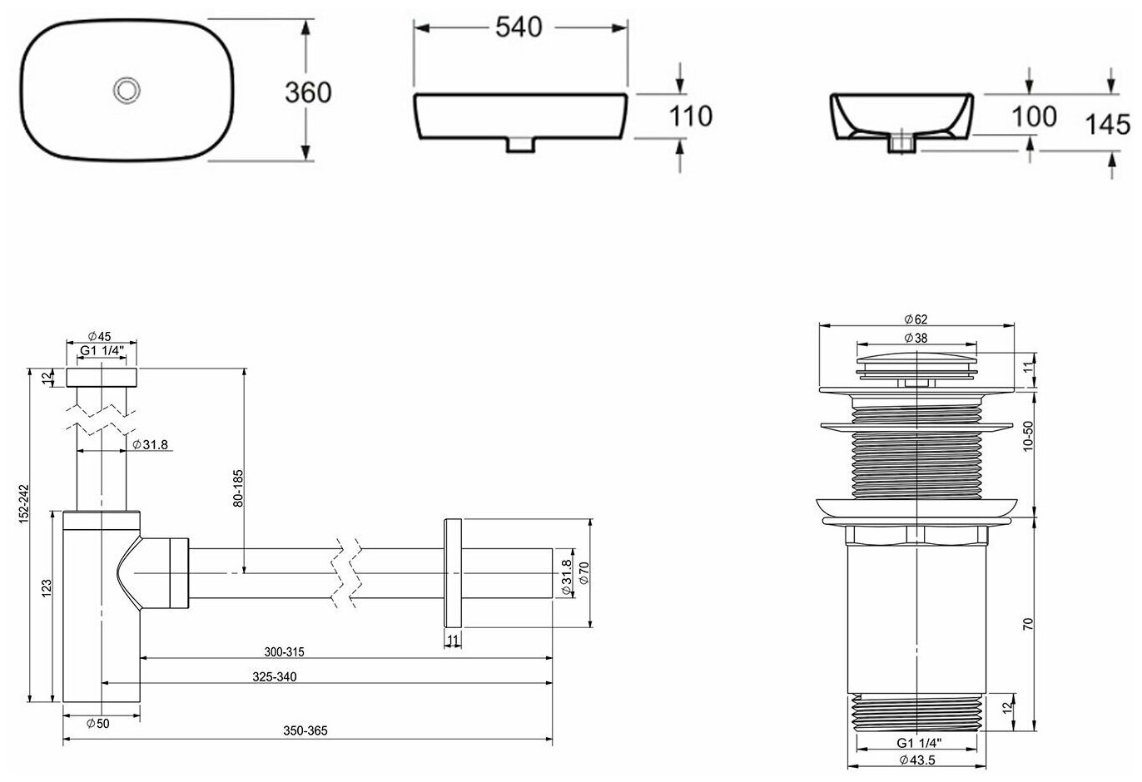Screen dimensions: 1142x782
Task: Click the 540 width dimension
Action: tap(519, 27)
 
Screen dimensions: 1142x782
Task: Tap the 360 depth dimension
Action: tap(308, 92)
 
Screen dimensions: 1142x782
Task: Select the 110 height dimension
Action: tap(691, 116)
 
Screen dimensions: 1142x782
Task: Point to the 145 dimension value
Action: tap(1108, 125)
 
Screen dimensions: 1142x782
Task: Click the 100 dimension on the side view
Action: tap(1035, 116)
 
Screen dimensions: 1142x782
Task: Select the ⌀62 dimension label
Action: tap(916, 319)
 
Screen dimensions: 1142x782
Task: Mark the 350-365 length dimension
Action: tap(306, 730)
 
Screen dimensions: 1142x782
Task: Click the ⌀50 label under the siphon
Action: tap(97, 724)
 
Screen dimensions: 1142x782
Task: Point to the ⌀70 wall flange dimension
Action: tap(584, 572)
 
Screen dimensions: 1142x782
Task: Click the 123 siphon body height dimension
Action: tap(47, 588)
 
